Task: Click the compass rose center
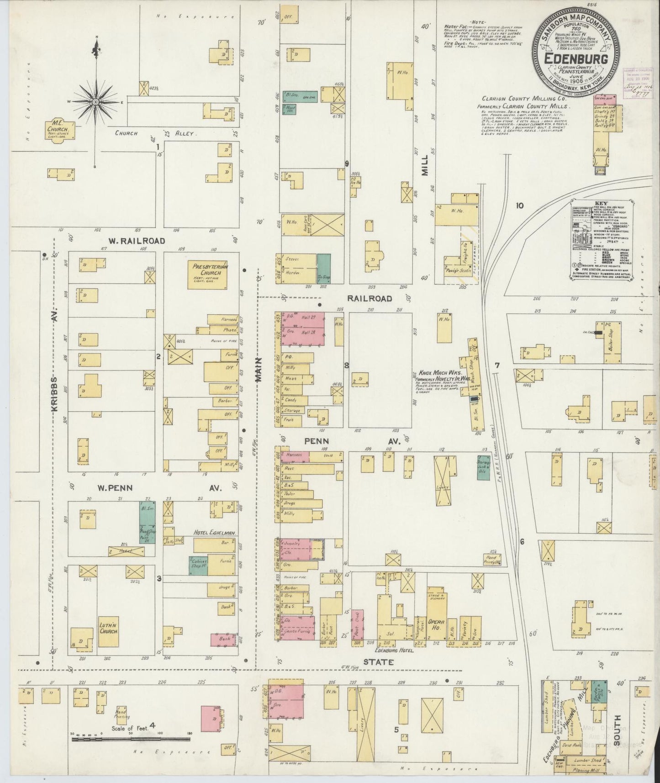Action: (96, 101)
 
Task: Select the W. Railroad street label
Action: (130, 240)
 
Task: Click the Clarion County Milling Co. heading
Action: (529, 98)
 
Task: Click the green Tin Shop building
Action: (324, 269)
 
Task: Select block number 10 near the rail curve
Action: (519, 206)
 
